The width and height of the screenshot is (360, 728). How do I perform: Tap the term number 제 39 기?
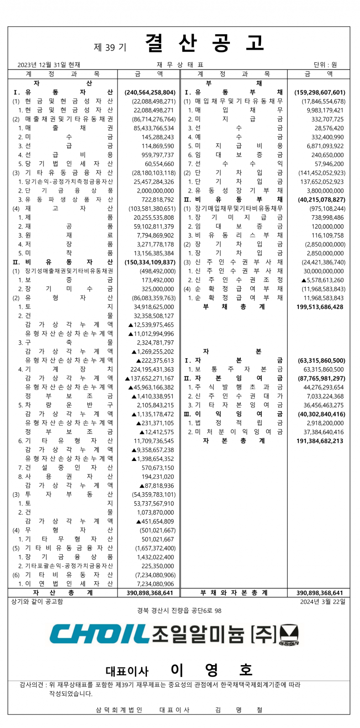110,47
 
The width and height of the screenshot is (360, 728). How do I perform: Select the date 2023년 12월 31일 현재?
49,65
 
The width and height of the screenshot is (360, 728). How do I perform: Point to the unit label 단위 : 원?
325,65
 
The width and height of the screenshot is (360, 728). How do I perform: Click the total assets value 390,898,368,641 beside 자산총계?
150,593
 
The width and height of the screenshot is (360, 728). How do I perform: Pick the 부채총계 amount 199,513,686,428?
320,307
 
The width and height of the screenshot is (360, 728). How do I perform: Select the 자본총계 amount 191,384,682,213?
320,441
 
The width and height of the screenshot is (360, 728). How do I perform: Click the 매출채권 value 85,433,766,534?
154,128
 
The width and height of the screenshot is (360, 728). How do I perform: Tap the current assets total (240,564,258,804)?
150,92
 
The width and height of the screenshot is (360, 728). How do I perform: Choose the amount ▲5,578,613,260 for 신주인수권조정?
323,280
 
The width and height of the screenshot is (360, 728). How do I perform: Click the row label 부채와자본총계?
234,593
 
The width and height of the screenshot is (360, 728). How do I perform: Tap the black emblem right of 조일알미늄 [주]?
289,636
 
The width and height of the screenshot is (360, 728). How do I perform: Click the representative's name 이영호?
212,670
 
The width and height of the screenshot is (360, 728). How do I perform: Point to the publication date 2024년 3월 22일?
323,602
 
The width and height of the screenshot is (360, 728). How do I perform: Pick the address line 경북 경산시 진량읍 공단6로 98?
179,611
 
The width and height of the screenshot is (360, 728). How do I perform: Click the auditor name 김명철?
239,710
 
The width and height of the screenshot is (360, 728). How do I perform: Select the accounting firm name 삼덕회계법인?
119,710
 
